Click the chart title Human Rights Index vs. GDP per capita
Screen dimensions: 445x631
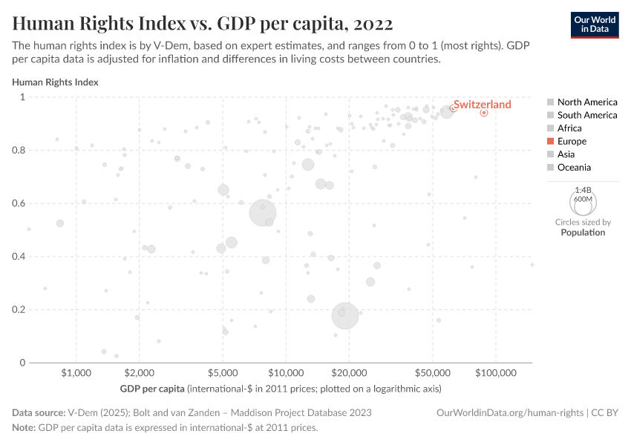pos(202,22)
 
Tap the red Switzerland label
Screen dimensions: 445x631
pos(482,105)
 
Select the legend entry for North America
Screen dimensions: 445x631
pos(586,102)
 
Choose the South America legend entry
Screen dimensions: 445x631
pos(586,115)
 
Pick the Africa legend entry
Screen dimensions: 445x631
pos(569,128)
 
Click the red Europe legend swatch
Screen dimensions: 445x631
pos(550,141)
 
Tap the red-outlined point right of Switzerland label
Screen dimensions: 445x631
pos(484,113)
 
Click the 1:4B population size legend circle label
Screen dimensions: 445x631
pos(583,191)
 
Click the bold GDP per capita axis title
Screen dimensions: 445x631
pos(151,389)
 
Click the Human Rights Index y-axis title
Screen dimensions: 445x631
pos(55,82)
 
